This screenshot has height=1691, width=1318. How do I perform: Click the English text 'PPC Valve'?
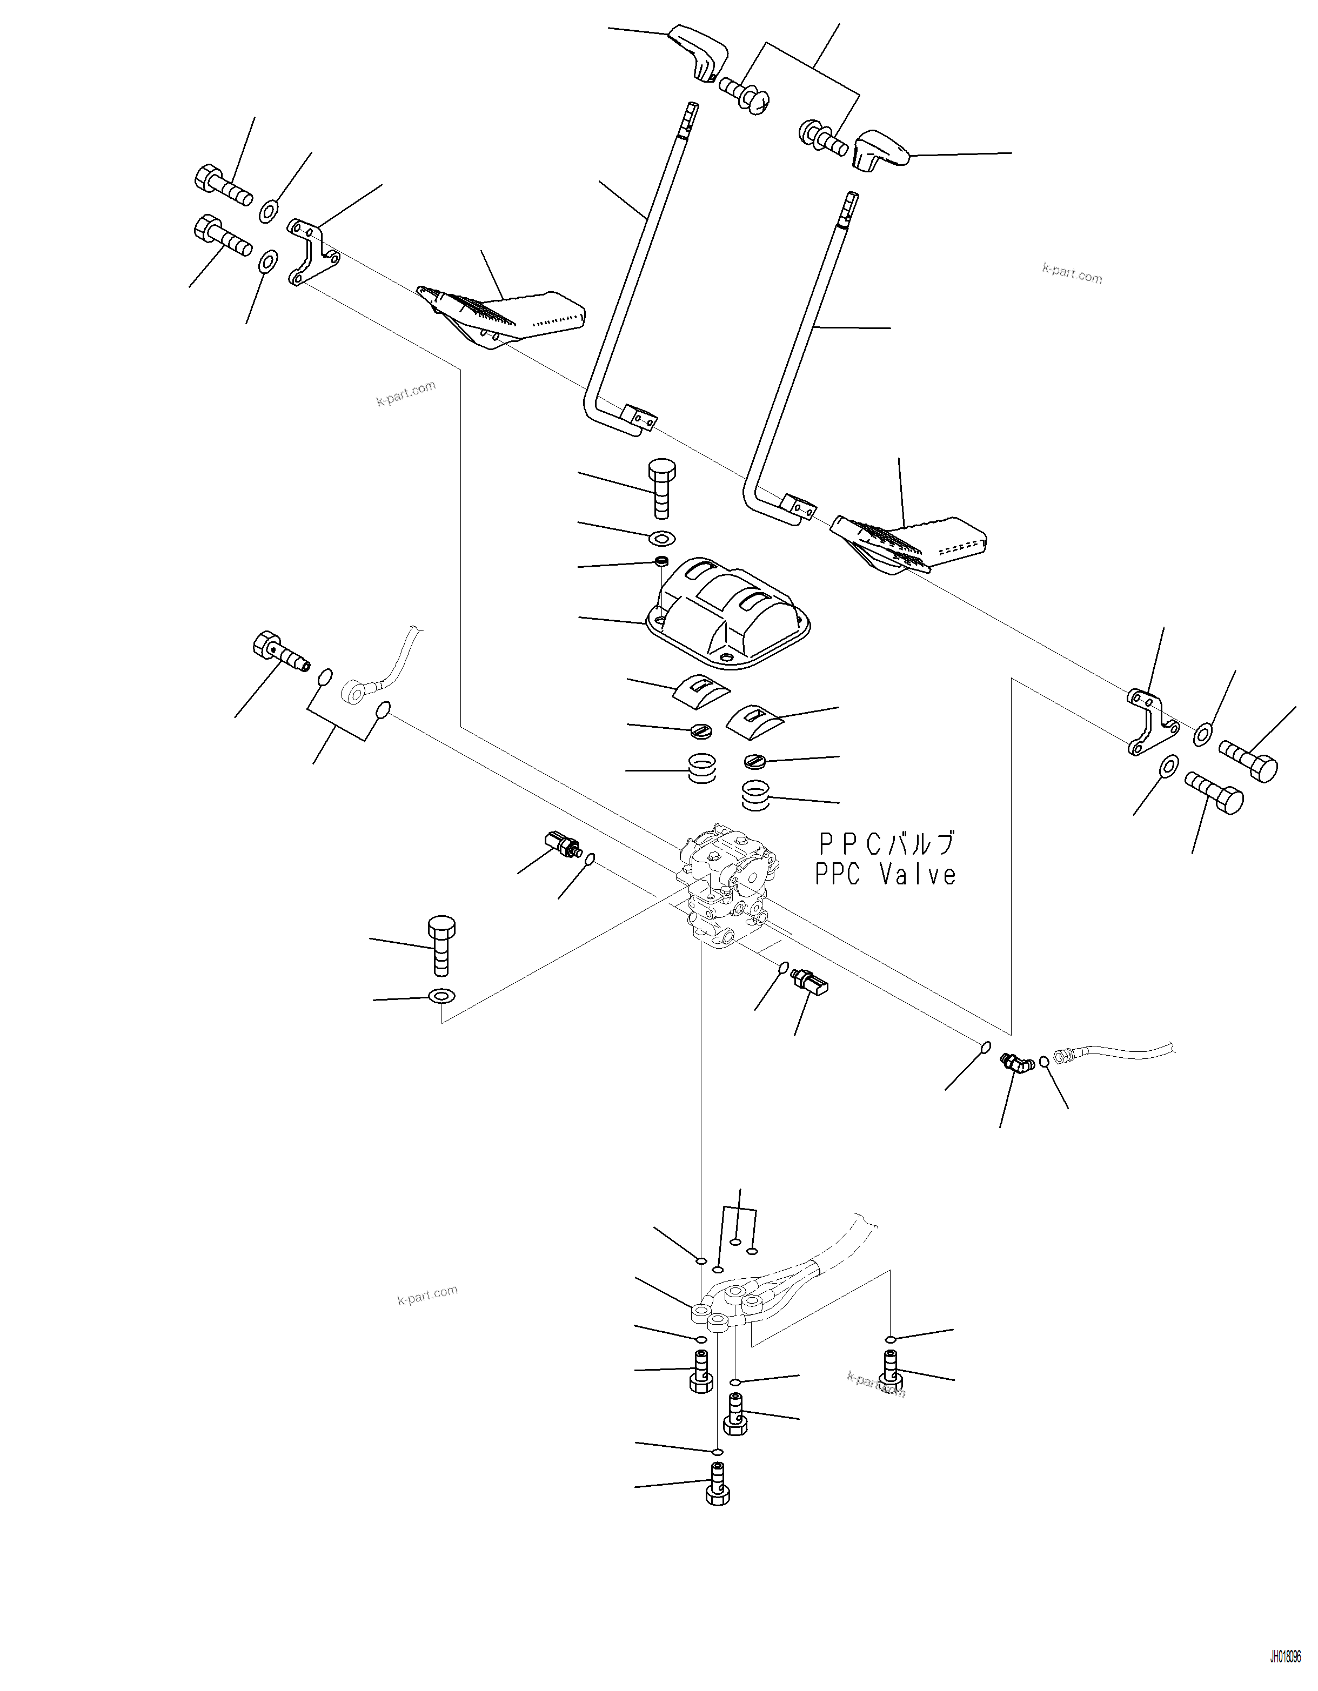885,875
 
